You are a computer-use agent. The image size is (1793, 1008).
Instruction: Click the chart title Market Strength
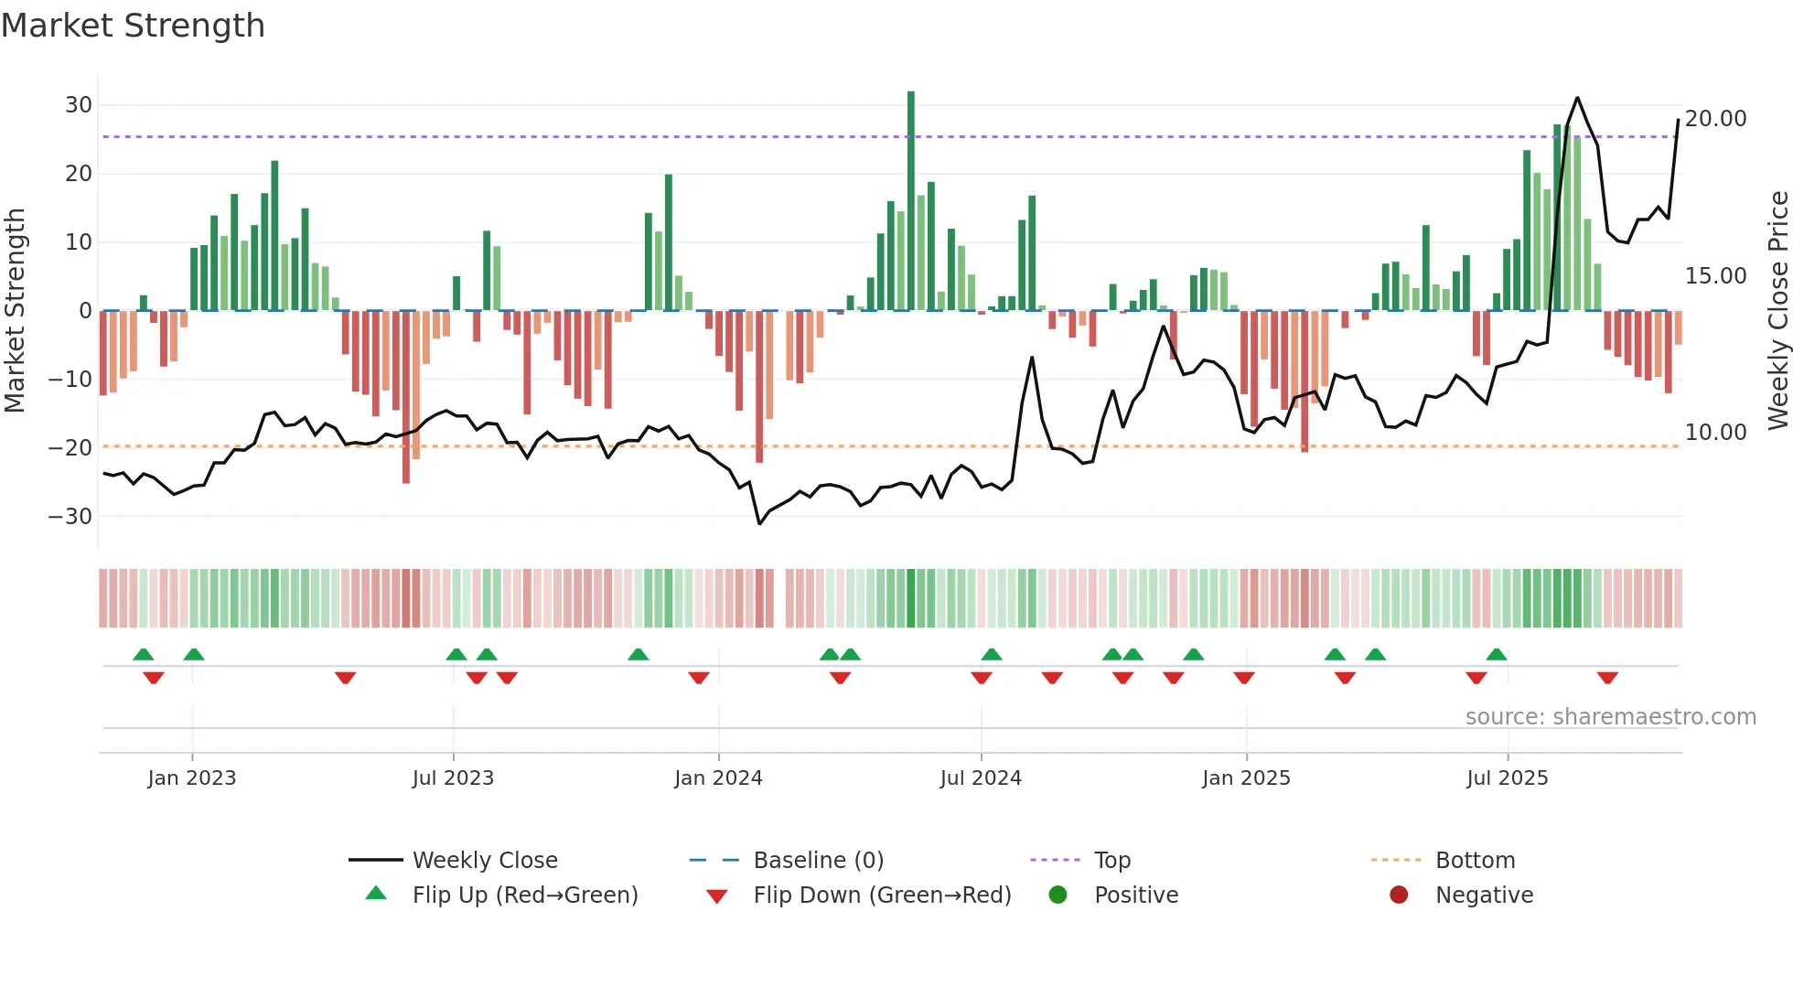[x=133, y=26]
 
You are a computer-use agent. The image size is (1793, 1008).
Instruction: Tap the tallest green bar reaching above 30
[x=910, y=201]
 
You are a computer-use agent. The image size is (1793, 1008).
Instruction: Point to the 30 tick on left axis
[x=79, y=105]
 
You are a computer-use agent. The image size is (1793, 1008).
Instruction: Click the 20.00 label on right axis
[x=1715, y=119]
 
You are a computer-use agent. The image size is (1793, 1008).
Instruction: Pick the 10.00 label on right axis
[x=1715, y=433]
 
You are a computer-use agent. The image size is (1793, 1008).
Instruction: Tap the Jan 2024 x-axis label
[x=718, y=778]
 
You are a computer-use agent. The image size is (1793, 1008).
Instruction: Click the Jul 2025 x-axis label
[x=1507, y=778]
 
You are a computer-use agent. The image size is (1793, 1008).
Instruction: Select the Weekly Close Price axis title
[x=1778, y=311]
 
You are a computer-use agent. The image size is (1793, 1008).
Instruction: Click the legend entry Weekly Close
[x=485, y=861]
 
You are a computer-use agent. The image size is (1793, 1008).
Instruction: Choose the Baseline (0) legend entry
[x=818, y=861]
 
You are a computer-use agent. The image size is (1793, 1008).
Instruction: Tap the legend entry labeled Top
[x=1112, y=861]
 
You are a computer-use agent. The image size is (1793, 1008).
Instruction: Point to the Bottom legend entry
[x=1475, y=861]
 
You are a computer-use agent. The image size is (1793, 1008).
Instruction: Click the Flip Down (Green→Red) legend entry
[x=882, y=895]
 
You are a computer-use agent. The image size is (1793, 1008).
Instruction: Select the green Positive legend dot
[x=1058, y=895]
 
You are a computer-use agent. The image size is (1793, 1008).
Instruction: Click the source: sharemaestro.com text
[x=1610, y=717]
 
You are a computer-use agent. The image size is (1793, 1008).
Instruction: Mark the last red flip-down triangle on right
[x=1607, y=678]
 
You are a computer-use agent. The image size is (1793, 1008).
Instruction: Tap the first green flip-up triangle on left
[x=144, y=654]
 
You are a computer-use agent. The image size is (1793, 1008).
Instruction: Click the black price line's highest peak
[x=1577, y=98]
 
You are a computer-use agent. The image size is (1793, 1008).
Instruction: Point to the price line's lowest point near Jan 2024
[x=759, y=523]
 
